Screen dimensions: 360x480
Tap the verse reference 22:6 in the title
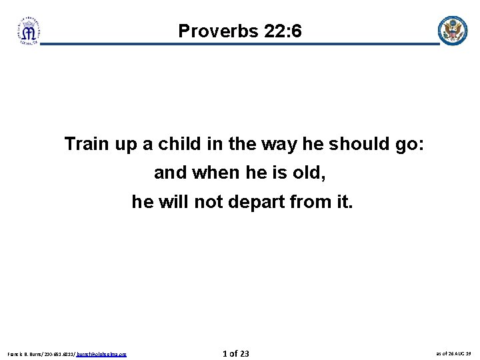tap(279, 31)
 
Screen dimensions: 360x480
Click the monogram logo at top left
tap(29, 31)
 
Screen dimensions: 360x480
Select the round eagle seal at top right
tap(452, 31)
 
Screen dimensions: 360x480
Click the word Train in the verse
tap(86, 143)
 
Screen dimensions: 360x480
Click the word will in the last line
tap(173, 201)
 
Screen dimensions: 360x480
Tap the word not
tap(209, 201)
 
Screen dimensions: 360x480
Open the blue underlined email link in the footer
tap(101, 354)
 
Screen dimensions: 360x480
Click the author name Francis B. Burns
tap(26, 354)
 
